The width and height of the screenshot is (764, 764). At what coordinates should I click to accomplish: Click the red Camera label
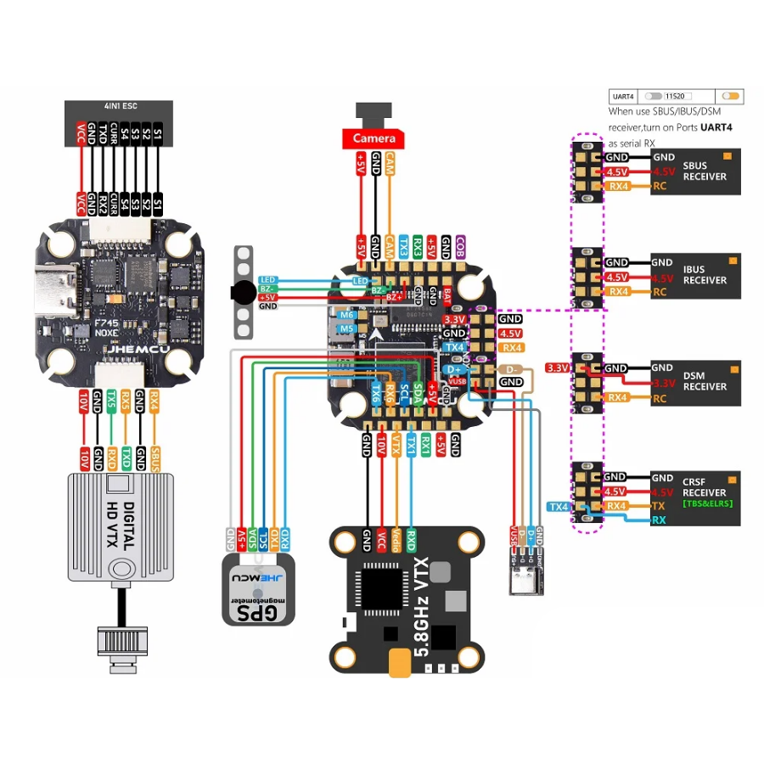[374, 138]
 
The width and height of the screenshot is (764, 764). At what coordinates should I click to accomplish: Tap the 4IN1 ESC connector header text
[119, 106]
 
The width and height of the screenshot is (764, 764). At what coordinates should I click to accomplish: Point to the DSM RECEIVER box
[704, 381]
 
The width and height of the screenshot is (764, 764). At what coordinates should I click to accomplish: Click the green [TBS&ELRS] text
[706, 503]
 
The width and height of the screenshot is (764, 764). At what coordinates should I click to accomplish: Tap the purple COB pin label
[460, 246]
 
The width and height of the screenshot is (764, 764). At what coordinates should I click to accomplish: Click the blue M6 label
[345, 315]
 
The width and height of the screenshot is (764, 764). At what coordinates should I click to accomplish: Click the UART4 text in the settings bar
[623, 97]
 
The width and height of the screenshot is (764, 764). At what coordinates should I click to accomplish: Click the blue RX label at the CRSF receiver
[659, 520]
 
